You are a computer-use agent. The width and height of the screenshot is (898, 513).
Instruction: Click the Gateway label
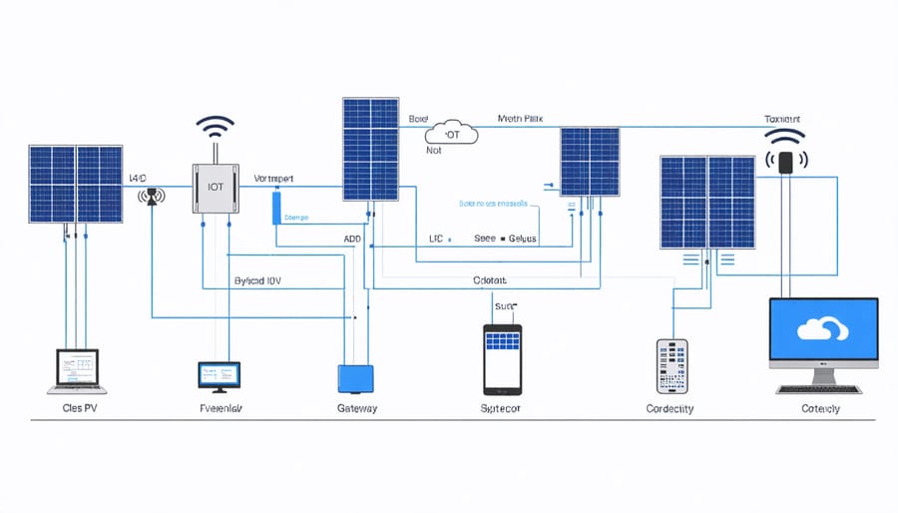pos(357,409)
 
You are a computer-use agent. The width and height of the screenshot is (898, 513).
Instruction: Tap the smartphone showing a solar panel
pos(502,358)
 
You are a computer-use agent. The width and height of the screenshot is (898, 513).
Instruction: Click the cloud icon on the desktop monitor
pos(823,330)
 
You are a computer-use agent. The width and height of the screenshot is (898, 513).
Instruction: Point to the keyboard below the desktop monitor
pos(823,388)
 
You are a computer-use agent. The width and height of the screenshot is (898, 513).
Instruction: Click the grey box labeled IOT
pos(217,187)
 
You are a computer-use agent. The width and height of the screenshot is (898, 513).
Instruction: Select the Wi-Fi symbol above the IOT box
pos(215,129)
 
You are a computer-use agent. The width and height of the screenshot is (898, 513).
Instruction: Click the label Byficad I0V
pos(257,281)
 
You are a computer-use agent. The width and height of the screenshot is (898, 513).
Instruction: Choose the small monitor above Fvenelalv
pos(220,375)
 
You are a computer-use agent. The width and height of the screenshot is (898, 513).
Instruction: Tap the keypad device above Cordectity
pos(672,366)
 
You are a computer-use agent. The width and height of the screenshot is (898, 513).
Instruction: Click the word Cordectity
pos(670,409)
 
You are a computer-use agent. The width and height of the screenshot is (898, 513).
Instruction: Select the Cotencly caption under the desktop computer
pos(820,409)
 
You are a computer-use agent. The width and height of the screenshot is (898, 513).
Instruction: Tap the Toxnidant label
pos(783,119)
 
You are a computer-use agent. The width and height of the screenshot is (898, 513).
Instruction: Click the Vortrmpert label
pos(280,179)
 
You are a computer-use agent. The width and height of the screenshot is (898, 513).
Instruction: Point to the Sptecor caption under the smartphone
pos(500,409)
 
